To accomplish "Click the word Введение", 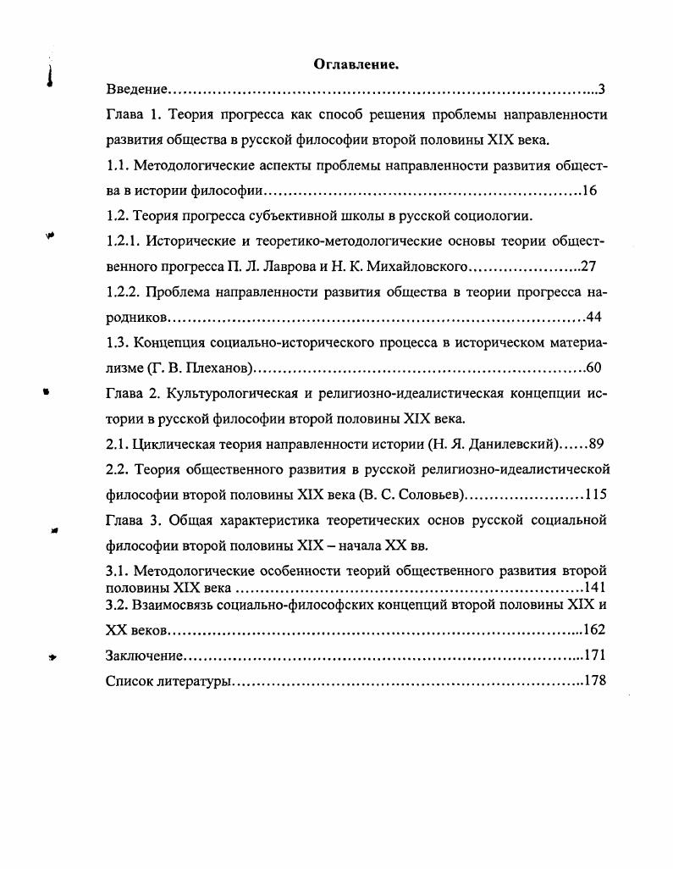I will point(135,89).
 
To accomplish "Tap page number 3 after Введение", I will point(601,89).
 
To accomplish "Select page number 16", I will point(590,191).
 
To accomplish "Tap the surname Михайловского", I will point(415,267).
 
